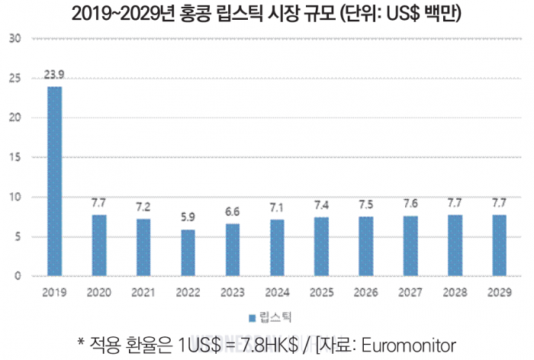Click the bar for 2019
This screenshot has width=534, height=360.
(55, 182)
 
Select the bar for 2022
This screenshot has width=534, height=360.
(188, 253)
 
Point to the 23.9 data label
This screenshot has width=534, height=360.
(55, 75)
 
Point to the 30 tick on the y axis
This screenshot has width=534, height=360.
(14, 38)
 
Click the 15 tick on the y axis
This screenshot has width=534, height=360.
(14, 157)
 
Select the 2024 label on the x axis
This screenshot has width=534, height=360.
(278, 291)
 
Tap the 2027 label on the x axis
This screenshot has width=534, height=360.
(411, 291)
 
